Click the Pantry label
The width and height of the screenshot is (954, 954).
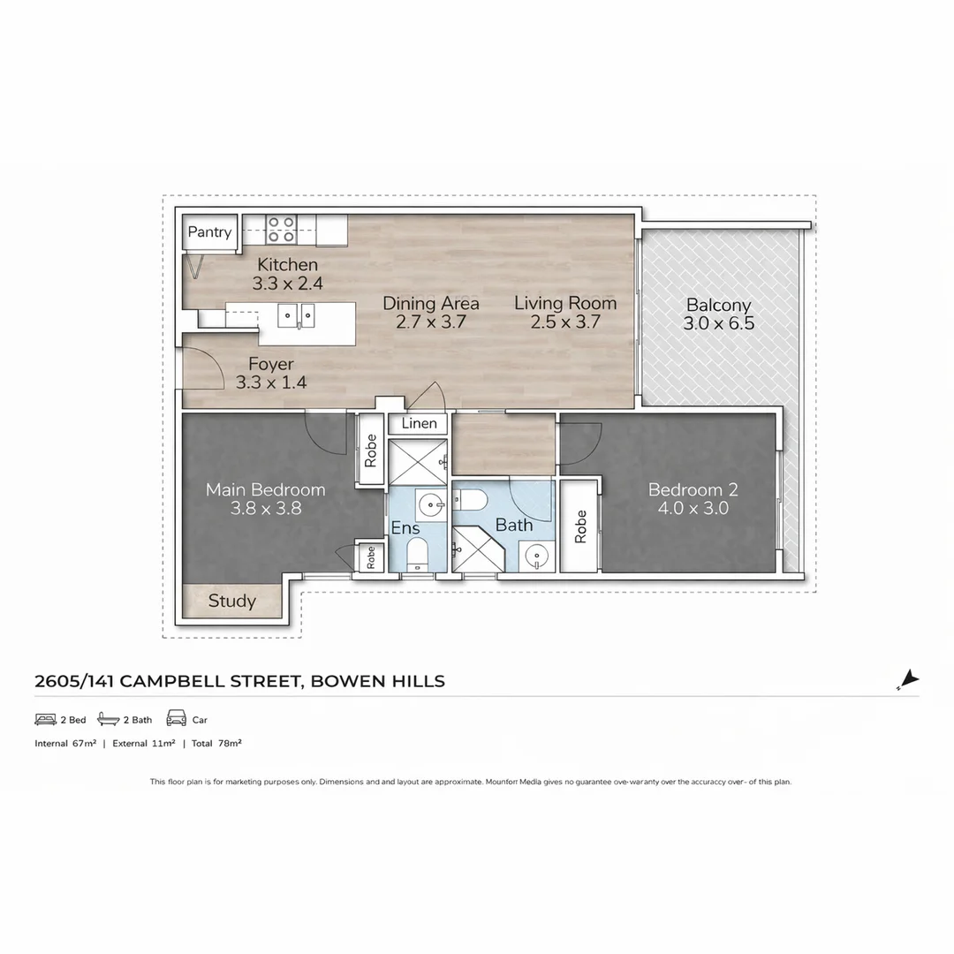tap(209, 232)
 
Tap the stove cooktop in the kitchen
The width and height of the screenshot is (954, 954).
tap(281, 230)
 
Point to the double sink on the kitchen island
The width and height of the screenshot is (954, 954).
tap(296, 314)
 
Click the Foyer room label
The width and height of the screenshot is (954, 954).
tap(271, 364)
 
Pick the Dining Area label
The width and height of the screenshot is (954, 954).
tap(431, 303)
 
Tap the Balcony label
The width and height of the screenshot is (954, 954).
tap(718, 306)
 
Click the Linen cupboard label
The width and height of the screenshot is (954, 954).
tap(419, 424)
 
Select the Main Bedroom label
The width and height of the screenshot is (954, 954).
tap(265, 489)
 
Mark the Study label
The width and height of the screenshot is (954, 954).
tap(232, 602)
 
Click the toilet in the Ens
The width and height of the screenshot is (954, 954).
tap(417, 554)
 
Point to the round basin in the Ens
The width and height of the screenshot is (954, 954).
tap(430, 506)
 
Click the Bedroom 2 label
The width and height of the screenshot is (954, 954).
tap(693, 489)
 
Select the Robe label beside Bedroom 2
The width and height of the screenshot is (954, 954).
tap(580, 527)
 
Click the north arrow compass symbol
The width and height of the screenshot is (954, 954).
tap(908, 680)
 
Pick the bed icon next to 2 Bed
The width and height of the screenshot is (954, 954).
tap(45, 719)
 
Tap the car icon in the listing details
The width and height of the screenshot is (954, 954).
tap(176, 719)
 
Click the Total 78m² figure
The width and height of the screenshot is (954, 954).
tap(216, 744)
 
